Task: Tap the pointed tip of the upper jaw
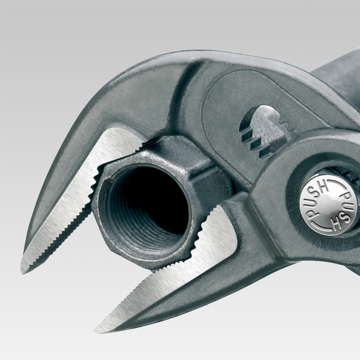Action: (x=22, y=272)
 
